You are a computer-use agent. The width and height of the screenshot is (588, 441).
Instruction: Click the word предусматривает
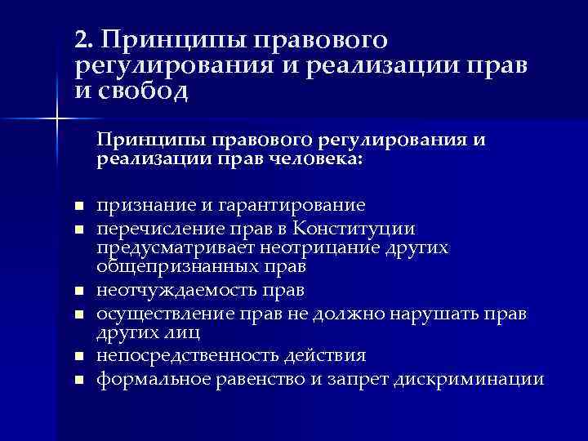[x=176, y=247]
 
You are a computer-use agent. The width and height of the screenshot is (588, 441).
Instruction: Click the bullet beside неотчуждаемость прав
[x=78, y=291]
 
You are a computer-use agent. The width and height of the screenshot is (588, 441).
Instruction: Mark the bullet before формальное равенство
[x=78, y=379]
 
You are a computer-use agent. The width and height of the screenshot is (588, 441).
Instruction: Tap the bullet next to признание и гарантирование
[x=78, y=206]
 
